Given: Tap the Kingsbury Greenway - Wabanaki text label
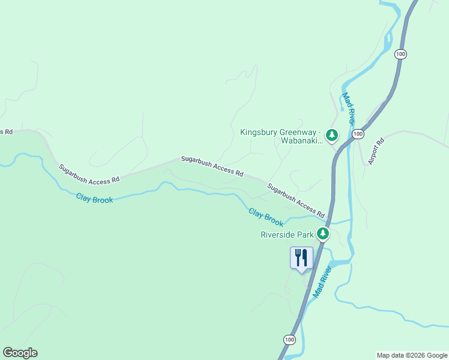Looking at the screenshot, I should pos(281,136).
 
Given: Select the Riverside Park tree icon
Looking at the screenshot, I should pos(323,234).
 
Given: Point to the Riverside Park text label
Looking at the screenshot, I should pos(287,235).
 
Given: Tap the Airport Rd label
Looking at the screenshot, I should pos(376,152).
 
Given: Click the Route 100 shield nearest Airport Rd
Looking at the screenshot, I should pos(358,134).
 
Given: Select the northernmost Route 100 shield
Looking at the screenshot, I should pos(401,54).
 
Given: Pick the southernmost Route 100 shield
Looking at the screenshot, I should pos(289,340).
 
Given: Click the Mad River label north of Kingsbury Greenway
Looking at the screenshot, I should pos(349,108).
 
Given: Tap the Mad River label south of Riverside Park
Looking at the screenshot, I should pos(322,281).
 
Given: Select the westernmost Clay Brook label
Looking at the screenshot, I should pos(94,199).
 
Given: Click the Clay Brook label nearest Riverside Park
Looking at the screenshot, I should pos(266,217).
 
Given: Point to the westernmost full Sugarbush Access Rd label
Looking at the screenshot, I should pos(89,174).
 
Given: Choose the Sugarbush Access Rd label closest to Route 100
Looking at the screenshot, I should pos(296,200).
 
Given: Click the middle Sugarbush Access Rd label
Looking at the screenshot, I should pos(212,167).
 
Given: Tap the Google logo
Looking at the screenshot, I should pos(20,353).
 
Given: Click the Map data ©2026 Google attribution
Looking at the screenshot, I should pos(412,355).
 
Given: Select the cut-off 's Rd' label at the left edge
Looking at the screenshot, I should pos(6,131).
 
